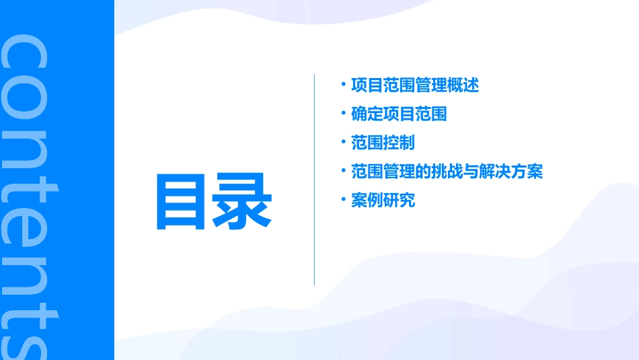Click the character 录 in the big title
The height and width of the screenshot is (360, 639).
[243, 201]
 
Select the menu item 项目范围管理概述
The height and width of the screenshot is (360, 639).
[415, 85]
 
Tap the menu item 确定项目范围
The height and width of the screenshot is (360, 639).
[399, 114]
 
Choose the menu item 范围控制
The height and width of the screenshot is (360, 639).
[383, 143]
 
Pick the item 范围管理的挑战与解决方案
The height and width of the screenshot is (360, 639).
[447, 172]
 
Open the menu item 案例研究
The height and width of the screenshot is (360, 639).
[383, 200]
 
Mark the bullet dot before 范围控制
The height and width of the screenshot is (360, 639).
[343, 141]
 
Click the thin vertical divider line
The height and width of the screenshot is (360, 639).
[314, 180]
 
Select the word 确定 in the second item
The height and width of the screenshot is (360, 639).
[367, 114]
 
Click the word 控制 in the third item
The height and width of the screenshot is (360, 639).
[399, 143]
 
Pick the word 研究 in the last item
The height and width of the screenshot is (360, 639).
[399, 200]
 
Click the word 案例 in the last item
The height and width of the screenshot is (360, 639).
[367, 200]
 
